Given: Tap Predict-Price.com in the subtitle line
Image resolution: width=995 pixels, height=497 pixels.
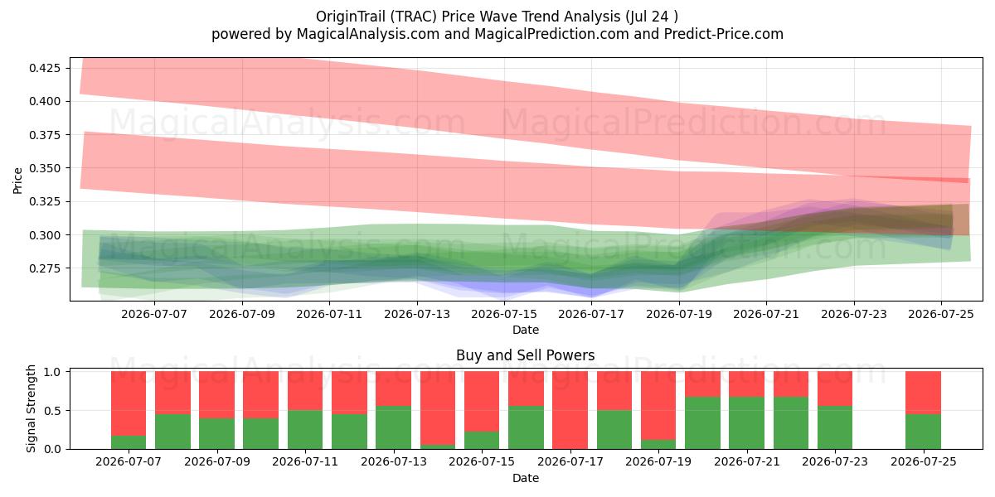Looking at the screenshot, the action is coord(724,34).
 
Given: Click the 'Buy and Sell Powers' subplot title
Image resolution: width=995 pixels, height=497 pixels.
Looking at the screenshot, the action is coord(526,355).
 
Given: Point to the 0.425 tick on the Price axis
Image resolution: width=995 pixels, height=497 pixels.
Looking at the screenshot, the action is coord(45,68).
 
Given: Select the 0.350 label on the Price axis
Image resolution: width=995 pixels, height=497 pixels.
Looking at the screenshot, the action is coord(45,168).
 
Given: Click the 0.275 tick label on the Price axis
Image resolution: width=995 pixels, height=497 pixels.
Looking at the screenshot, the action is coord(45,268).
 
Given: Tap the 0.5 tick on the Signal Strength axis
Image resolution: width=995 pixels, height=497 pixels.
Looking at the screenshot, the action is coord(52,411).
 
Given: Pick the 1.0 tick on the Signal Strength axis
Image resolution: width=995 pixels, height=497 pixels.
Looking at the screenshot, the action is coord(52,372).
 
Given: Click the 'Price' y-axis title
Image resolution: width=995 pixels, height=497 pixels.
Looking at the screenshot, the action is coord(17,181).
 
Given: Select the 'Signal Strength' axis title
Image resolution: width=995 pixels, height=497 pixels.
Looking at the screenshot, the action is coord(31,408).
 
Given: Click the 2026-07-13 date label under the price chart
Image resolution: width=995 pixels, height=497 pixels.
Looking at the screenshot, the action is coord(416,314).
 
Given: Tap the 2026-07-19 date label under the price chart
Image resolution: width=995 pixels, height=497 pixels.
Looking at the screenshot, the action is coord(679,314).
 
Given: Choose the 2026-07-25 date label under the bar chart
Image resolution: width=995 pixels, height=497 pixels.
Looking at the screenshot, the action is coord(924,461).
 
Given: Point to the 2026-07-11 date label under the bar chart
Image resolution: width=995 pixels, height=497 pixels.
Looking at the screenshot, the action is coord(305,461).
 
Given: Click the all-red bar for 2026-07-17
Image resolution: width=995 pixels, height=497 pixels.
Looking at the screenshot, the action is coord(570,410).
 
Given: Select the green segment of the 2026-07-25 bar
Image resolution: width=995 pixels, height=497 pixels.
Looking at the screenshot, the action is coord(923,432).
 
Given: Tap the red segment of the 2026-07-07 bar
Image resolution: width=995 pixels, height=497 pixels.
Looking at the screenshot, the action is coord(129,403).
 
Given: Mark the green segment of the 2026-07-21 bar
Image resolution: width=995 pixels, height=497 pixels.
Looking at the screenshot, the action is coord(747,423).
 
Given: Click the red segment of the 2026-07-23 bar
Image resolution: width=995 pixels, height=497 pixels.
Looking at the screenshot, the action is coord(835,388).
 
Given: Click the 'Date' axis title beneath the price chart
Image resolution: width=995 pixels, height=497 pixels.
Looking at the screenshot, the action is coord(526,330).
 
